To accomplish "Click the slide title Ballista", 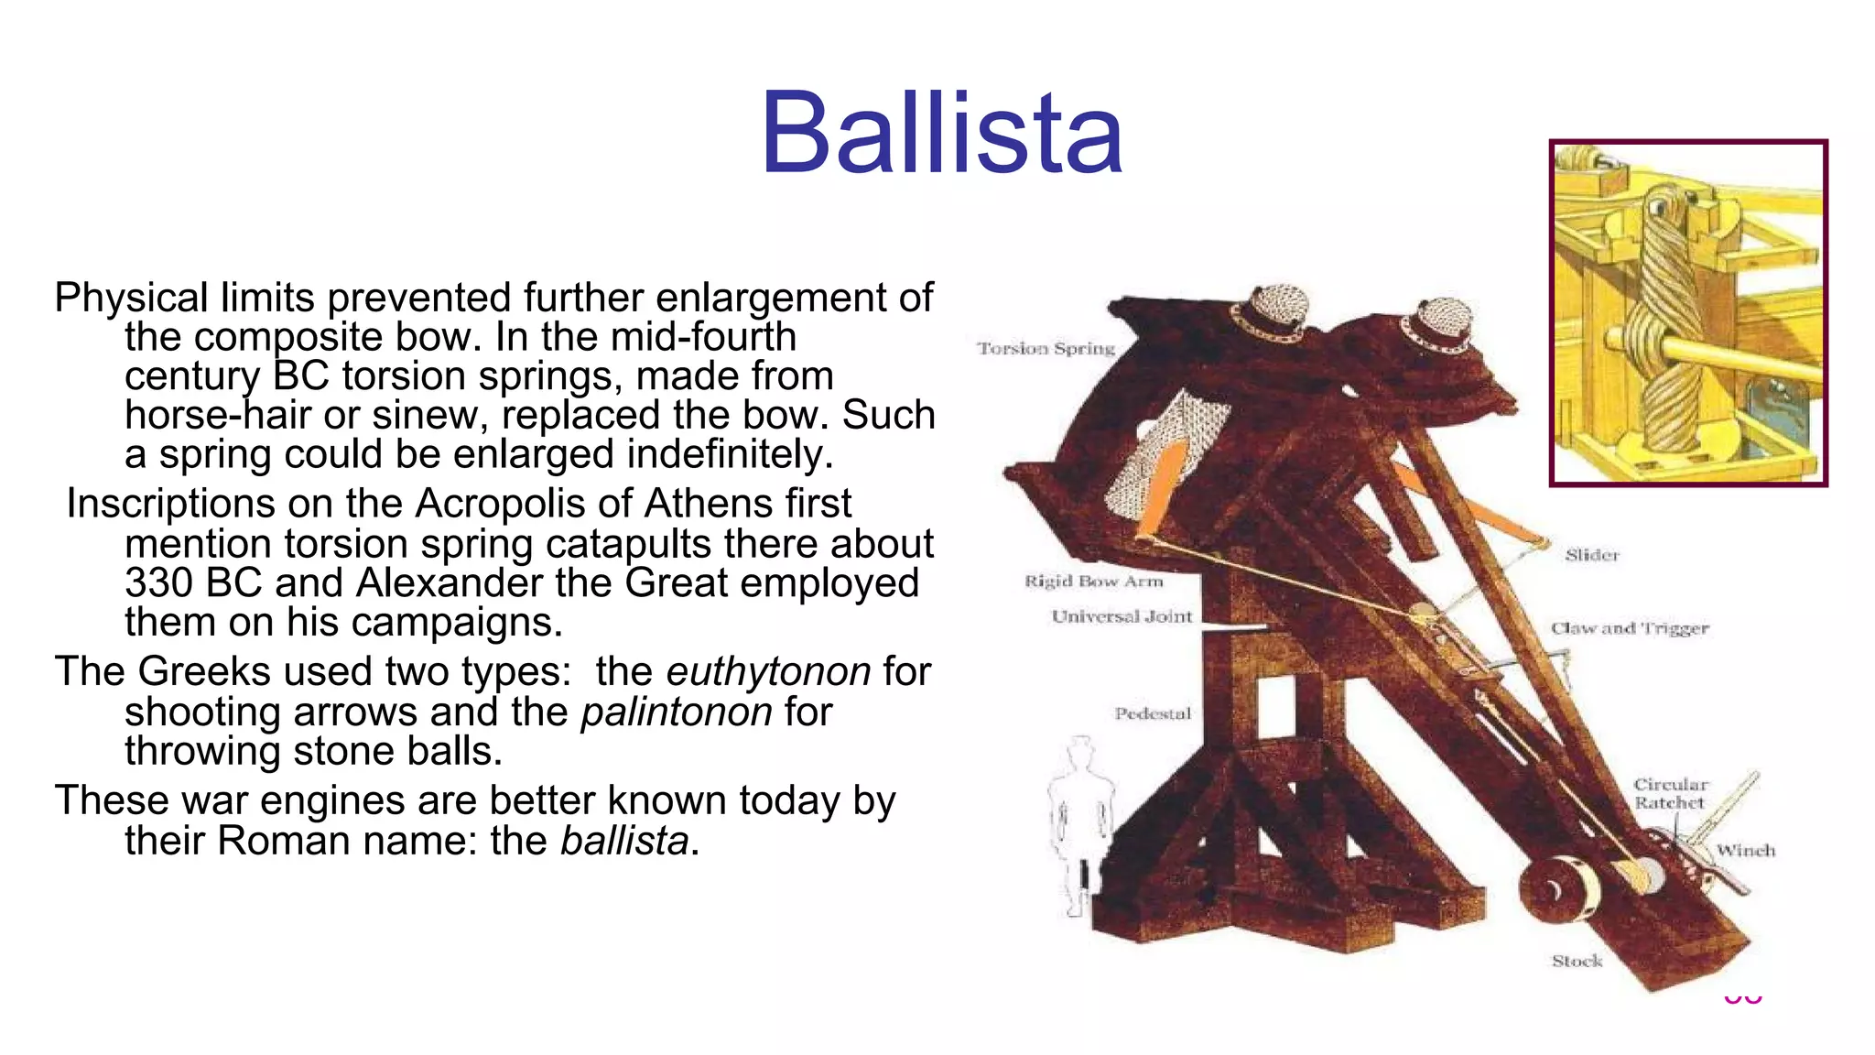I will tap(941, 133).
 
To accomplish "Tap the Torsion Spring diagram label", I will tap(1046, 349).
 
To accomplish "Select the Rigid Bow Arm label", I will tap(1093, 582).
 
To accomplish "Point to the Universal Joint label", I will tap(1122, 617).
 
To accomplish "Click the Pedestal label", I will tap(1153, 713).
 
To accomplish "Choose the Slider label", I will tap(1591, 555).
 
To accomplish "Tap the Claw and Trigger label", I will tap(1630, 628).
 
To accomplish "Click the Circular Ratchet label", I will tap(1671, 793).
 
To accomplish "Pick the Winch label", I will tap(1745, 850).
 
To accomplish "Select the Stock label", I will tap(1577, 961).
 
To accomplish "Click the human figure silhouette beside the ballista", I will tap(1080, 824).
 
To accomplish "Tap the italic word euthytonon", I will tap(768, 671).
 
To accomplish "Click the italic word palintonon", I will tap(677, 712).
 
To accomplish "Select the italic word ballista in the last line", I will tap(624, 841).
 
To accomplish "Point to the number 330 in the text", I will tap(159, 583).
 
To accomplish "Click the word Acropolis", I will tap(518, 504).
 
